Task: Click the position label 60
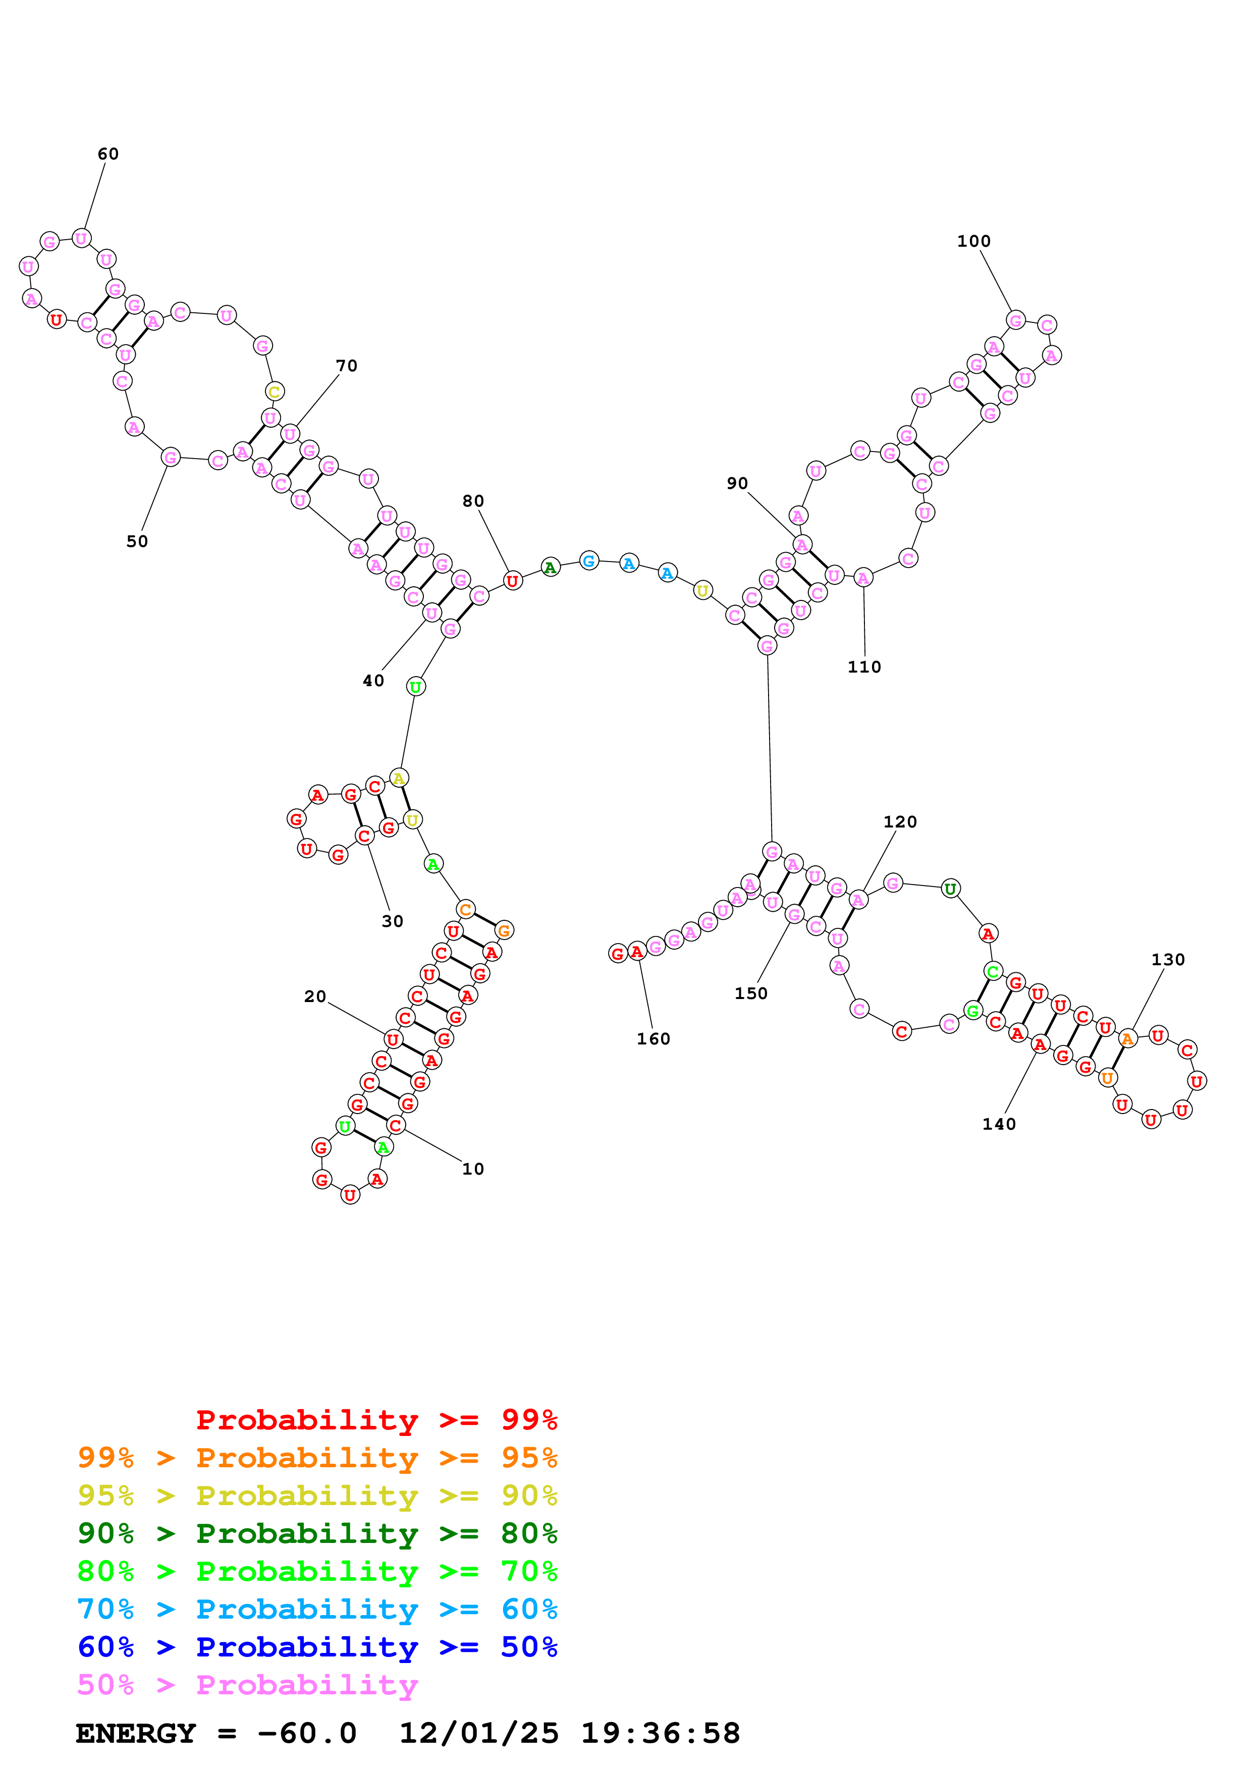point(108,154)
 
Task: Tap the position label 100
point(973,241)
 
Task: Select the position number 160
point(653,1039)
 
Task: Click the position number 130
point(1168,960)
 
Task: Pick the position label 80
point(473,501)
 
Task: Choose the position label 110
point(864,667)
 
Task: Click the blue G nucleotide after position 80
point(589,561)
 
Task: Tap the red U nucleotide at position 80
point(513,580)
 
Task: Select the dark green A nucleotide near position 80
point(550,568)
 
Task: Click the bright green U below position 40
point(415,686)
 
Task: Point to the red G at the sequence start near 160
point(617,954)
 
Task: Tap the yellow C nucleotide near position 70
point(275,392)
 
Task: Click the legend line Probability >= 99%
point(376,1420)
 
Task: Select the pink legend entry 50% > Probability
point(247,1685)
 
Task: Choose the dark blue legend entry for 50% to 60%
point(317,1647)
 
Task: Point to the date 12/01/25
point(479,1734)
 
